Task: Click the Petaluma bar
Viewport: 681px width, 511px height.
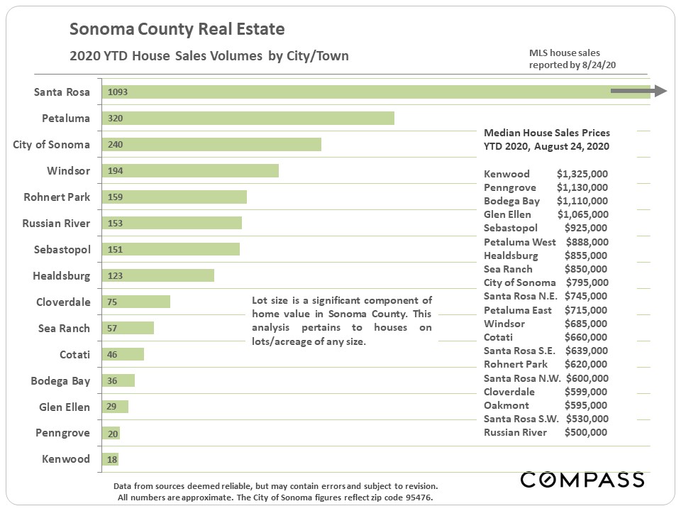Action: click(248, 119)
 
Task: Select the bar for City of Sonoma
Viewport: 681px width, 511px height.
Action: click(211, 145)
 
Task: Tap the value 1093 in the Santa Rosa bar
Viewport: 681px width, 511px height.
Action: click(118, 92)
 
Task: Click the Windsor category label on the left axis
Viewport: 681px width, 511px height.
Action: click(69, 171)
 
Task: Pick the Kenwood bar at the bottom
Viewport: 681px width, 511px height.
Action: click(110, 459)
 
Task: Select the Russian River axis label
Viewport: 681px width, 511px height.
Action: click(56, 224)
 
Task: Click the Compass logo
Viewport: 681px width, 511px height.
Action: click(582, 480)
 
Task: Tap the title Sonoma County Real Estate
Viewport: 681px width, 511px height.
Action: click(177, 30)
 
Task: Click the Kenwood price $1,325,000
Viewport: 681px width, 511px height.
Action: click(582, 174)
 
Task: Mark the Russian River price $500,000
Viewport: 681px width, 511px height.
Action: click(586, 432)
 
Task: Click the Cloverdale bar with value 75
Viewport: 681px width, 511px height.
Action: click(136, 302)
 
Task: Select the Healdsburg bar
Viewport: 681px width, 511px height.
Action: click(157, 275)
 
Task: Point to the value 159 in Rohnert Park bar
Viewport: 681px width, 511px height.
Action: click(116, 197)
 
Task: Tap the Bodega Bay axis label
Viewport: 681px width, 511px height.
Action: click(60, 381)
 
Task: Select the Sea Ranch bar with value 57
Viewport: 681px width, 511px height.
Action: click(128, 328)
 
